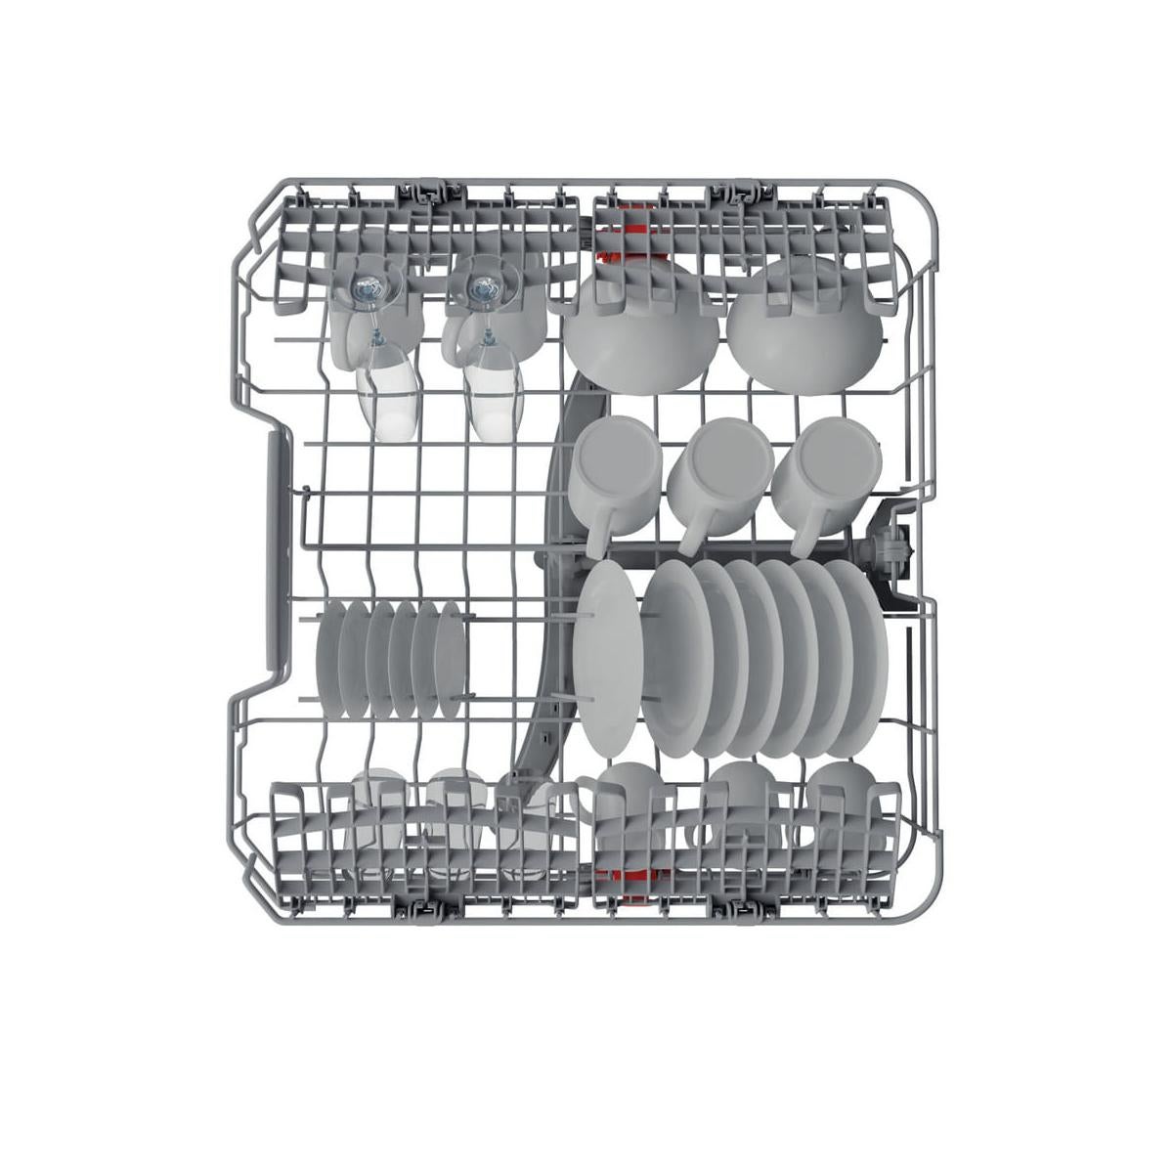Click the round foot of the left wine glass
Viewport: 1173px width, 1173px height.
[368, 285]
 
